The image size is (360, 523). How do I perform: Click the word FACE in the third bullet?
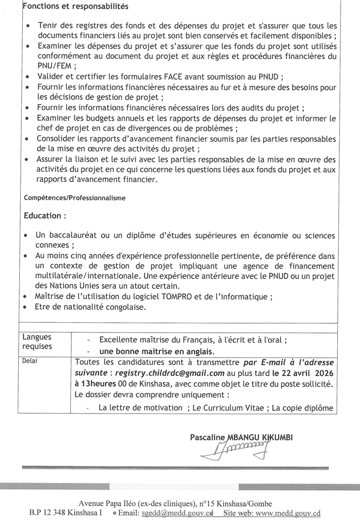pos(155,77)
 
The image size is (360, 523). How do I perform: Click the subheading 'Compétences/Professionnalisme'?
pos(75,198)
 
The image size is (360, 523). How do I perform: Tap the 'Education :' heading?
pos(45,216)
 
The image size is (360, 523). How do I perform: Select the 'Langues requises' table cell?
pos(37,342)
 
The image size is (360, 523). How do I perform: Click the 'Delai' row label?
pos(30,361)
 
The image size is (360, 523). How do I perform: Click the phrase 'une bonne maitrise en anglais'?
pos(156,351)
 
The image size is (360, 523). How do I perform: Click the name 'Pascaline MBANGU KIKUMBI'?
pos(249,437)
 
